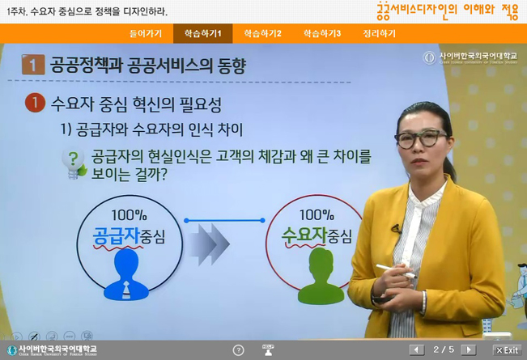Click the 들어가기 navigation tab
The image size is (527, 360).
146,33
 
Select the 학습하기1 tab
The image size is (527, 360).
202,33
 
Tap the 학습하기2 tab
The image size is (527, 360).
262,33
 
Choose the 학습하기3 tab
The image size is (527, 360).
322,33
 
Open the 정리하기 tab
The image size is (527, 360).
379,33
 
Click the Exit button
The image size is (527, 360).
507,349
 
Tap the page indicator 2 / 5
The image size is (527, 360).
444,349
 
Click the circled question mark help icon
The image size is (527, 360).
238,349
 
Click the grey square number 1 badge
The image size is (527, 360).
32,66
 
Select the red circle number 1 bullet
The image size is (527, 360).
34,104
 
